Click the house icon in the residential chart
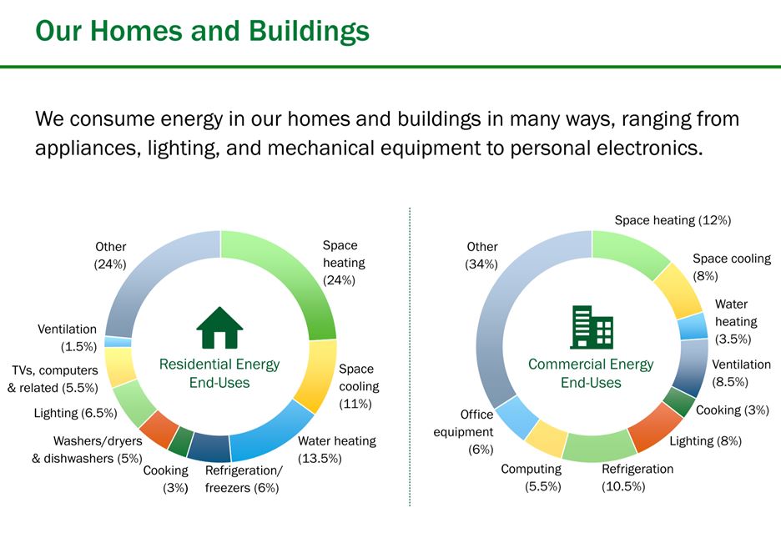tap(219, 328)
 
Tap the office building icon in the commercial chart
tap(592, 327)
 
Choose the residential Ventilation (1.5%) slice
tap(118, 342)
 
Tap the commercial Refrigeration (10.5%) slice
tap(597, 446)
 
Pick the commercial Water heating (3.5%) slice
tap(693, 326)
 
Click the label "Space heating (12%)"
tap(673, 220)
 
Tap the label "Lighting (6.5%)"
tap(75, 413)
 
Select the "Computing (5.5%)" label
tap(532, 478)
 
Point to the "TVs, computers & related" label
tap(53, 379)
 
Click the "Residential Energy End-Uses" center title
tap(219, 374)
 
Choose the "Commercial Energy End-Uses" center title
tap(591, 374)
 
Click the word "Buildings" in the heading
tap(309, 32)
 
